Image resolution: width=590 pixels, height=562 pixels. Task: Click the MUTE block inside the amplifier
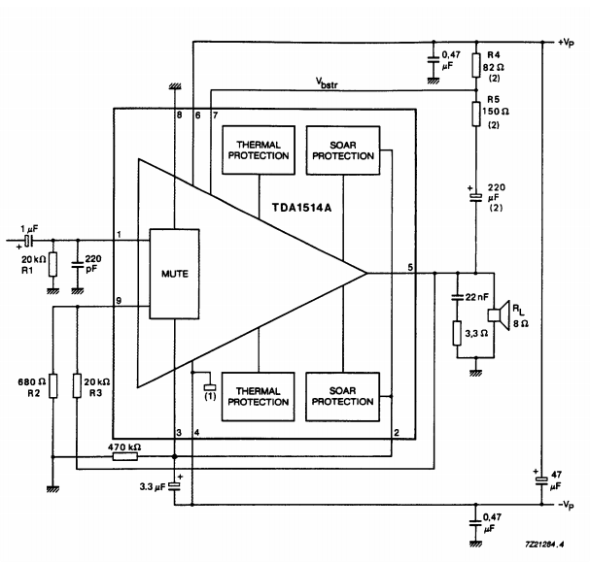coord(173,273)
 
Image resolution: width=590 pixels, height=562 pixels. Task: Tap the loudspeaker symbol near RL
coord(495,316)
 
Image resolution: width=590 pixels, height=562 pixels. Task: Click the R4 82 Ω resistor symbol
coord(475,66)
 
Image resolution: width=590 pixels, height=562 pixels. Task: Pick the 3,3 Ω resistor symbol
coord(457,335)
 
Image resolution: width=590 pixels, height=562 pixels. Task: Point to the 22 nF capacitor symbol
coord(457,295)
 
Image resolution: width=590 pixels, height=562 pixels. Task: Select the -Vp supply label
coord(569,505)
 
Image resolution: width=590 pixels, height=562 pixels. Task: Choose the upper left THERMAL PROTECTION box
coord(258,149)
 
